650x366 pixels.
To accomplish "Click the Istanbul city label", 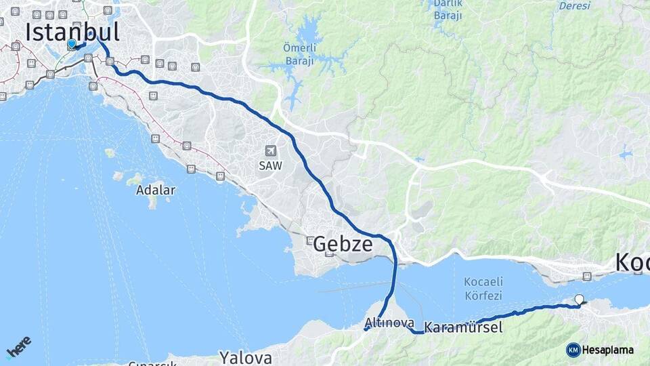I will coord(72,31).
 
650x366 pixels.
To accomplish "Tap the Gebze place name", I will coord(343,244).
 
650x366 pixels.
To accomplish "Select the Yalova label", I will coord(245,357).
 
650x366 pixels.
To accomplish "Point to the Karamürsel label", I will coord(463,328).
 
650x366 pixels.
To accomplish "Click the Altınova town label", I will coord(389,323).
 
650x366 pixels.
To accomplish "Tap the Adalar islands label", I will coord(156,190).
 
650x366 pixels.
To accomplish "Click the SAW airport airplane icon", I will coord(271,150).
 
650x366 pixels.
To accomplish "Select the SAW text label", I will coord(270,165).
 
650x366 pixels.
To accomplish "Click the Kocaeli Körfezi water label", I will coord(483,289).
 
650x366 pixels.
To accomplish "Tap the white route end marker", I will coord(579,299).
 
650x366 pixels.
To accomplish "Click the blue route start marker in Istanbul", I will coord(71,44).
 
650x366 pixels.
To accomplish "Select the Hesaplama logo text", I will coord(608,350).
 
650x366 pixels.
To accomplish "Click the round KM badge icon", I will coord(573,350).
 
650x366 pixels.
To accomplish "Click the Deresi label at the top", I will coord(574,5).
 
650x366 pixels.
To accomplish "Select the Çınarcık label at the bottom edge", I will coord(152,363).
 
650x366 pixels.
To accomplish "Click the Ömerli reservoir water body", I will coord(309,32).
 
